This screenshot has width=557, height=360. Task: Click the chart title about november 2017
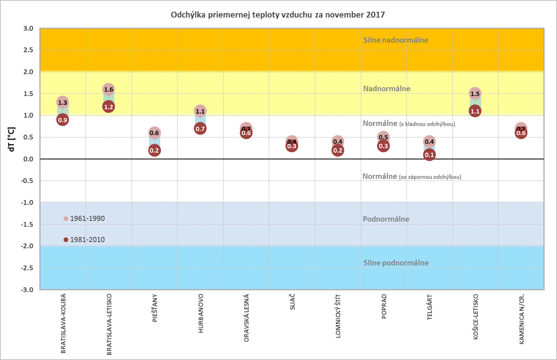(278, 15)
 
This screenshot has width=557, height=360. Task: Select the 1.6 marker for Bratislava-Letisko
(109, 89)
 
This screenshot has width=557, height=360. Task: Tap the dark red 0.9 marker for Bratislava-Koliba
(63, 120)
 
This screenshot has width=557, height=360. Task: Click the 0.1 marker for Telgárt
(430, 155)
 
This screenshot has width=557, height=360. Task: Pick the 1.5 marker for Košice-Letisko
(475, 94)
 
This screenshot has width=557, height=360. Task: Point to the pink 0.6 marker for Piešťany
(154, 133)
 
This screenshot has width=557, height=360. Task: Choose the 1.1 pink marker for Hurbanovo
(200, 111)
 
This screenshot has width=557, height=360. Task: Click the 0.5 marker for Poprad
(384, 137)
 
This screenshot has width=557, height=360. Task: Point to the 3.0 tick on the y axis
(28, 29)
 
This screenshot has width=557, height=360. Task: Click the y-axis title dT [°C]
(12, 139)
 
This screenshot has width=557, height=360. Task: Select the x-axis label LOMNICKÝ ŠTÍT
(338, 316)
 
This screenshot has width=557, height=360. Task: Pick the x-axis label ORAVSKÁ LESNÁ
(247, 318)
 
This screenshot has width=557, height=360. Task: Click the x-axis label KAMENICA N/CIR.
(522, 319)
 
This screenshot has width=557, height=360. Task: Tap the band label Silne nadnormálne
(396, 40)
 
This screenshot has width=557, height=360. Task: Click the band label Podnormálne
(386, 219)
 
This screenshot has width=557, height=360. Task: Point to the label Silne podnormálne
(396, 263)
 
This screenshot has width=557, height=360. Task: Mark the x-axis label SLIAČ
(292, 302)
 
